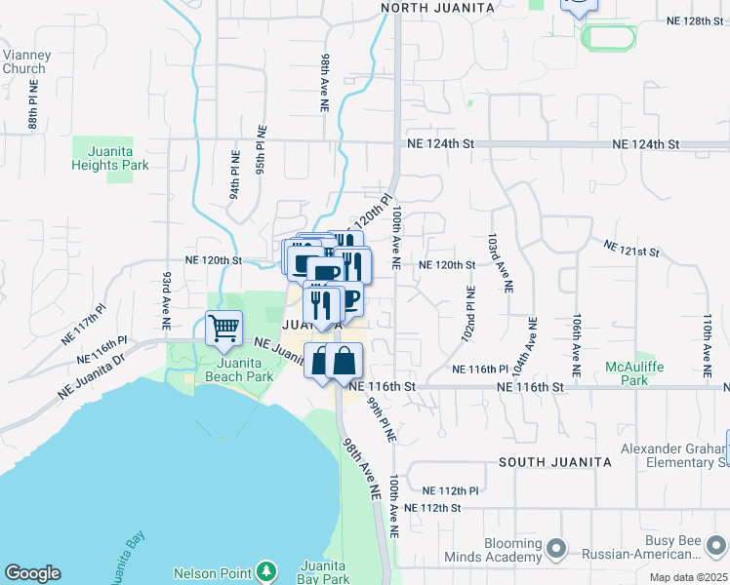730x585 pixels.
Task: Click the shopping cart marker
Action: tap(224, 329)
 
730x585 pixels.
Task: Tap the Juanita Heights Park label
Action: tap(110, 159)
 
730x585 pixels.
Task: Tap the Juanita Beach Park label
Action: tap(225, 369)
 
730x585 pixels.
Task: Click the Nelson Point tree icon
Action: tap(265, 571)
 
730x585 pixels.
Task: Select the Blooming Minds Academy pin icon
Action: tap(556, 550)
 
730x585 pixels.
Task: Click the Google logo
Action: tap(32, 573)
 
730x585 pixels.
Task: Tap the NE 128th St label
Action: tap(696, 20)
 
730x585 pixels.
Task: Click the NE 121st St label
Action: tap(630, 250)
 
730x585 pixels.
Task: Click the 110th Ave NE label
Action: tap(707, 346)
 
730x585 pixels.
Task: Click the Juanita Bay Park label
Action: tap(325, 571)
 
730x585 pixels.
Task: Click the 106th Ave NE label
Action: tap(578, 346)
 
